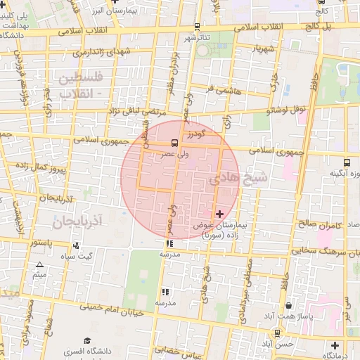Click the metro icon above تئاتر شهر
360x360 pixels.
196,27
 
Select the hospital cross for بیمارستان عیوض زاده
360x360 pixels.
219,213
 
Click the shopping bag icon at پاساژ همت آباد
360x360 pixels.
290,306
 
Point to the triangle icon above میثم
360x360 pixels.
39,265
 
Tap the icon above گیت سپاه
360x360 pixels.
76,245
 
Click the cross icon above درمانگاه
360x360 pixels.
336,345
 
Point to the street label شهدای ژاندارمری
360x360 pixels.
74,52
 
